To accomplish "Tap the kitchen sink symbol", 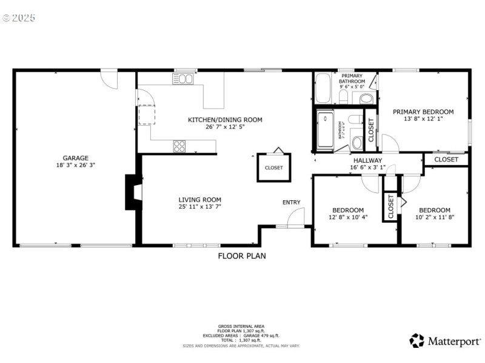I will (x=186, y=79).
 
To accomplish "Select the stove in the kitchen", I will (x=180, y=145).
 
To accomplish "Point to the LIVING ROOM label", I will (x=199, y=199).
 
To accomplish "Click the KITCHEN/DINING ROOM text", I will (x=225, y=120).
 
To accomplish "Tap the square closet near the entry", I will (x=273, y=167).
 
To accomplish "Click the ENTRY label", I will (x=291, y=202).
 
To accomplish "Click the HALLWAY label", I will (x=367, y=160).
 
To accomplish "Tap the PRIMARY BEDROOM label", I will (x=423, y=112).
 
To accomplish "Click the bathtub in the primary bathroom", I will (x=323, y=89).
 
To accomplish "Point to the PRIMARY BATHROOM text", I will (x=352, y=78).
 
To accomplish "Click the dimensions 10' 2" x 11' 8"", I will (x=435, y=217).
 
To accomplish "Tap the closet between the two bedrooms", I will (x=390, y=206).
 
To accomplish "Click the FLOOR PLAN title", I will (x=242, y=256).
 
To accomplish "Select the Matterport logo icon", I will (x=416, y=341).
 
